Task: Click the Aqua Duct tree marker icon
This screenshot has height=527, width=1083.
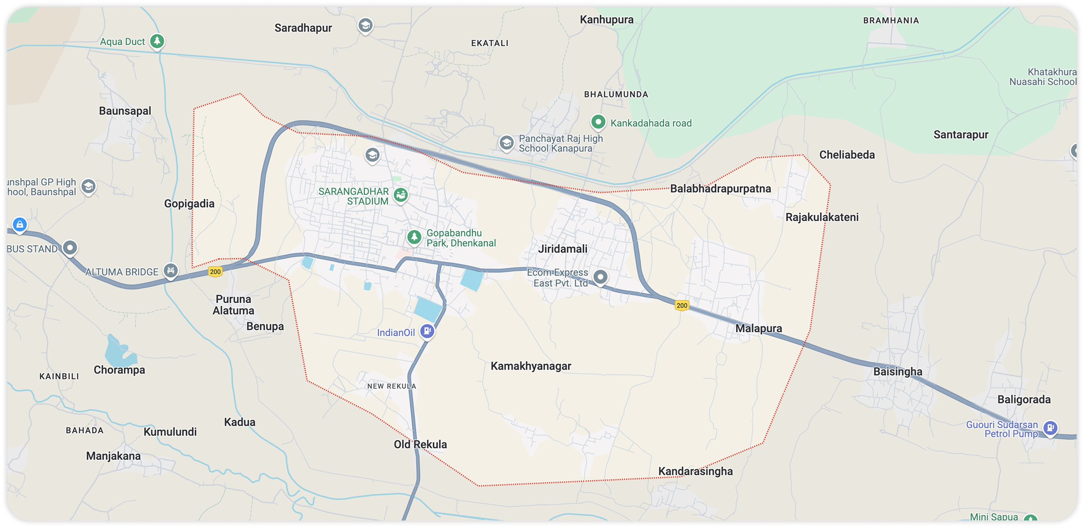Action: [x=157, y=41]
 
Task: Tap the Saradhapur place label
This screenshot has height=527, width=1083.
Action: [x=303, y=28]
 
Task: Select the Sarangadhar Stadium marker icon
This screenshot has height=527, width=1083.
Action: [x=400, y=195]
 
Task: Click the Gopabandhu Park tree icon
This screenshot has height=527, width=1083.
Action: [x=414, y=237]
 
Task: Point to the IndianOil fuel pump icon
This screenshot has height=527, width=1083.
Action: [x=427, y=331]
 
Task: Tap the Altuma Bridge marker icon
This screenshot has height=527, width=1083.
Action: [x=170, y=270]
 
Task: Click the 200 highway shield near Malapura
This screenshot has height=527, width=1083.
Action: [x=682, y=305]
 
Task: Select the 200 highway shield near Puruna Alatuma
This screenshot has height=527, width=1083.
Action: [x=215, y=272]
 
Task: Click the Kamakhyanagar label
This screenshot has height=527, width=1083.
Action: [x=531, y=366]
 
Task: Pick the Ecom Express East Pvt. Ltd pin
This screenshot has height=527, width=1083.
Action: [x=601, y=277]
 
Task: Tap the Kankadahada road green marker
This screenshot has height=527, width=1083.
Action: [x=598, y=122]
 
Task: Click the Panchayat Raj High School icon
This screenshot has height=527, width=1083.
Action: [x=506, y=143]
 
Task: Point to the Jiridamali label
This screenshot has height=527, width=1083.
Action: [x=563, y=249]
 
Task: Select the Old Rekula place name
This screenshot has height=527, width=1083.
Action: [x=420, y=444]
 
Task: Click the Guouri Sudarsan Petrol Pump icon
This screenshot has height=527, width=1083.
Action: [x=1050, y=428]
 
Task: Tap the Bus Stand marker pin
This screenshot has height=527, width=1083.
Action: [x=70, y=247]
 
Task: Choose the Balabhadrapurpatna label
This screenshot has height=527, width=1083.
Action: [x=720, y=188]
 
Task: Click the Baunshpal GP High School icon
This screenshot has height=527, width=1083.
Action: [x=88, y=186]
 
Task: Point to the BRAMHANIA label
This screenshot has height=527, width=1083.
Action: [x=891, y=21]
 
